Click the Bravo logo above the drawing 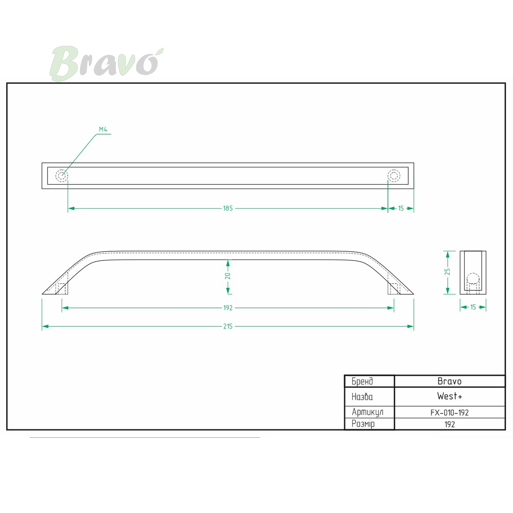pyautogui.click(x=106, y=63)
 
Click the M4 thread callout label pyautogui.click(x=103, y=130)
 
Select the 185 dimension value pyautogui.click(x=228, y=208)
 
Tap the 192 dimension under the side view pyautogui.click(x=228, y=308)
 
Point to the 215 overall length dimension pyautogui.click(x=228, y=326)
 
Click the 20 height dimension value pyautogui.click(x=228, y=276)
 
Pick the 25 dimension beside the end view pyautogui.click(x=448, y=271)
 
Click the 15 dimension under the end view pyautogui.click(x=473, y=307)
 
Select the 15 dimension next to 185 pyautogui.click(x=401, y=208)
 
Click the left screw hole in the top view pyautogui.click(x=62, y=176)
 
